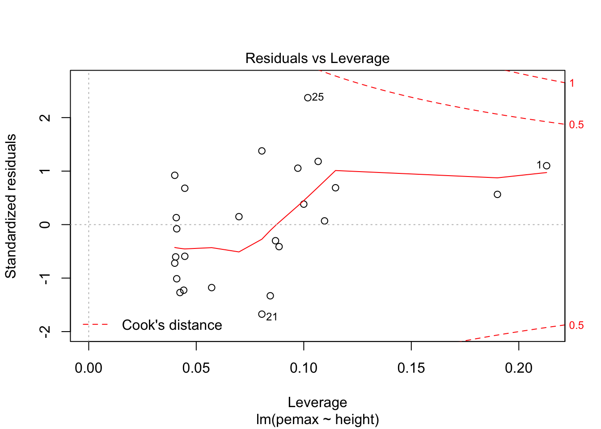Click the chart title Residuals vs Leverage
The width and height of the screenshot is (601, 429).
pos(317,59)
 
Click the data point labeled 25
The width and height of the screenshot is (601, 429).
pos(308,98)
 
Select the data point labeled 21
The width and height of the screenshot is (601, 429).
pos(262,314)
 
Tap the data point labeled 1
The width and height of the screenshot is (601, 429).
pos(546,166)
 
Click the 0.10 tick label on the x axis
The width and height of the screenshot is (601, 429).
pos(304,368)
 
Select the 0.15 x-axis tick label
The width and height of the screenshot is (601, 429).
pos(411,368)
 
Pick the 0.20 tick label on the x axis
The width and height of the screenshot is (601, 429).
pos(519,368)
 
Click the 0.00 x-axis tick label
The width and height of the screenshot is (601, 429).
pos(89,368)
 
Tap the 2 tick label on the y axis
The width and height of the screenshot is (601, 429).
pos(45,118)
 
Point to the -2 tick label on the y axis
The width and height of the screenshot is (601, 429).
pos(45,331)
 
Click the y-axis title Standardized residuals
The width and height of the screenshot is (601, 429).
pos(11,206)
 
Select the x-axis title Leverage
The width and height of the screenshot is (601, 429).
pos(317,402)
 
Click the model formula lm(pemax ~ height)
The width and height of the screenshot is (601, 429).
pos(317,420)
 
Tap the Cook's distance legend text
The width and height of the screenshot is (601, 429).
pos(172,325)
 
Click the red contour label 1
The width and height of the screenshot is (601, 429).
pos(572,83)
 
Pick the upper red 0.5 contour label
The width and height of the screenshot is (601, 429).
pos(576,125)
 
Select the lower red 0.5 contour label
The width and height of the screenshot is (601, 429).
pos(576,325)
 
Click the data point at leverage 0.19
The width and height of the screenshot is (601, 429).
pos(497,194)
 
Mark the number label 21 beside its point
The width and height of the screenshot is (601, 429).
pos(272,317)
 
